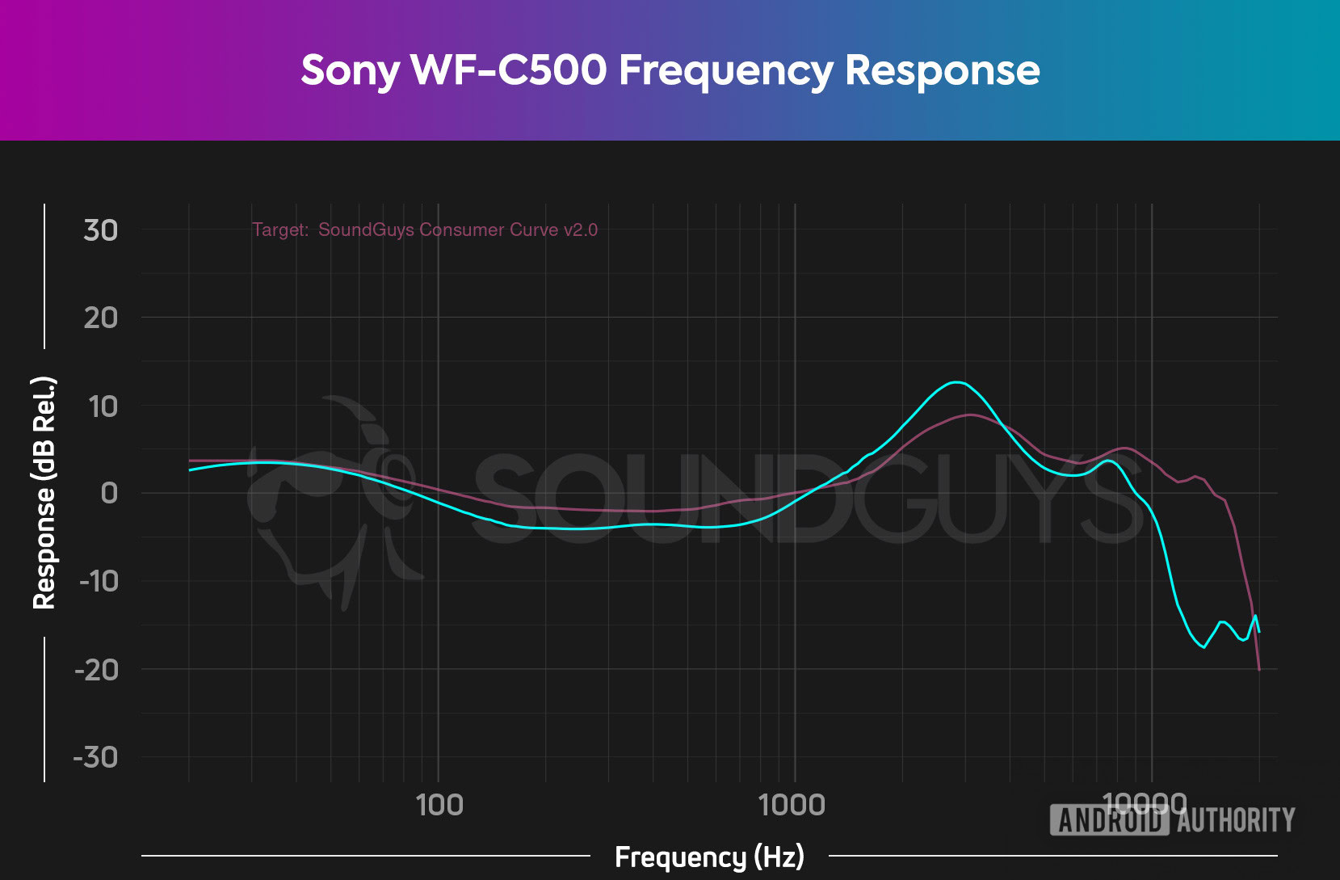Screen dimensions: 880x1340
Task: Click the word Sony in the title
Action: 350,71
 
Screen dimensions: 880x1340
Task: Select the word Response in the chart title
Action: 942,71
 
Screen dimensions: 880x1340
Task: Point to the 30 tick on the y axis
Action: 101,230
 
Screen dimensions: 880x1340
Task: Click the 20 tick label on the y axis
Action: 101,318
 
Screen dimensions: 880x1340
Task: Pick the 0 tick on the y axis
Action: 109,493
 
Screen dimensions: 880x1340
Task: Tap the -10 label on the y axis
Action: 99,581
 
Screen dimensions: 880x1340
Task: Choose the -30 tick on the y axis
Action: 96,757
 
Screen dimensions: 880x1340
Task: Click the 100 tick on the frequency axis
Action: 439,805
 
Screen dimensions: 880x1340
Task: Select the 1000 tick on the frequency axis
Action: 792,805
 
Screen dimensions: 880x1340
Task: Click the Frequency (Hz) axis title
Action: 709,857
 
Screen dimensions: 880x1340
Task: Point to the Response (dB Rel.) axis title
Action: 44,493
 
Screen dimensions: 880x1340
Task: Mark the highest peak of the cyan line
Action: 956,382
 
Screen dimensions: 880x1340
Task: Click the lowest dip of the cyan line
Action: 1203,646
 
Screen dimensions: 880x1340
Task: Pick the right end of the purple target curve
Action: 1258,669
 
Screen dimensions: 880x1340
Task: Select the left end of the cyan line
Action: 190,469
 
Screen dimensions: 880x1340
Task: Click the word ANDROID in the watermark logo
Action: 1109,821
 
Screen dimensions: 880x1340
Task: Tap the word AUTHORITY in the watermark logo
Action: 1236,821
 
